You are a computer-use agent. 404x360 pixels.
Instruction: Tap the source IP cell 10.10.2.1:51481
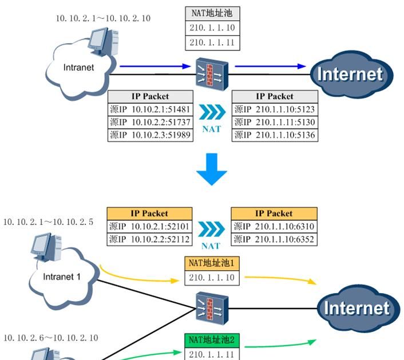(x=150, y=109)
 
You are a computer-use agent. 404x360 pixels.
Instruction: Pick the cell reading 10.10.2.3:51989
(x=150, y=135)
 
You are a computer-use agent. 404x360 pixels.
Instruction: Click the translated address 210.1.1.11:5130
(x=275, y=122)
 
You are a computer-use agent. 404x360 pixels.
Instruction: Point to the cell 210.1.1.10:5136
(x=275, y=135)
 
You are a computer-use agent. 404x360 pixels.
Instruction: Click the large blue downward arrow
(x=211, y=169)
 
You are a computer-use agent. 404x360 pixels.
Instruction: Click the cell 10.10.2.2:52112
(x=150, y=239)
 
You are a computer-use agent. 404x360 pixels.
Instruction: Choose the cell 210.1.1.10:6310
(x=275, y=226)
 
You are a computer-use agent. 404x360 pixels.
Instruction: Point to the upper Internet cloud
(x=349, y=74)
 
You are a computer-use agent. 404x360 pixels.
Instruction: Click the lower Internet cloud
(x=356, y=308)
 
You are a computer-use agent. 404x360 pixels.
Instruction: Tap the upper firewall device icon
(x=212, y=72)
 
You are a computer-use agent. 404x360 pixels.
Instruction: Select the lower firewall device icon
(x=212, y=307)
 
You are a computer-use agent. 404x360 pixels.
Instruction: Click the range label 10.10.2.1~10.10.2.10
(x=103, y=18)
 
